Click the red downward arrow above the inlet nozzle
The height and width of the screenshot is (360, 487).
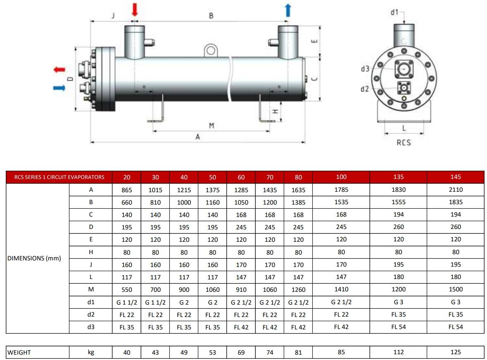[x=135, y=10]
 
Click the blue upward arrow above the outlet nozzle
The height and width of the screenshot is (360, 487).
[x=288, y=10]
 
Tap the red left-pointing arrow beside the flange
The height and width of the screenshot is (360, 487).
[x=59, y=69]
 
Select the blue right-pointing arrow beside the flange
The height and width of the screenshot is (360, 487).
[x=59, y=88]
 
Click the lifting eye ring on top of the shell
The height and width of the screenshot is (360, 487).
[x=211, y=50]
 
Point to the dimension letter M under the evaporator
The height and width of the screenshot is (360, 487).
[x=211, y=126]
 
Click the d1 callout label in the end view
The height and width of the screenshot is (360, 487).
[x=394, y=12]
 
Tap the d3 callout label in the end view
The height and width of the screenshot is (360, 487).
[x=365, y=69]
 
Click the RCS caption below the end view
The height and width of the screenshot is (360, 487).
[x=404, y=143]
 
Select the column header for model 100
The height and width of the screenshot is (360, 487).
[x=341, y=177]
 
